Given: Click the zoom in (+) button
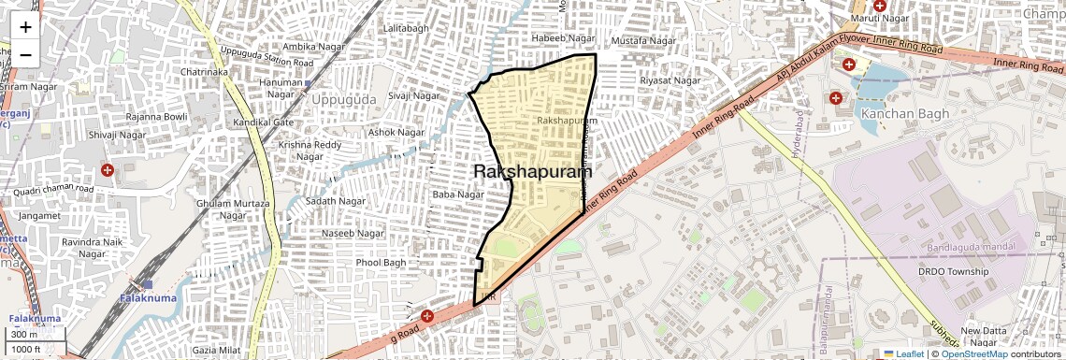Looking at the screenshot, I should click(25, 26).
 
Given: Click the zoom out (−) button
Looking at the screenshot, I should click(25, 54).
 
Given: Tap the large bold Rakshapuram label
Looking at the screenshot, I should click(533, 172).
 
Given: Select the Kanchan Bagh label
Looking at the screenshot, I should click(905, 114).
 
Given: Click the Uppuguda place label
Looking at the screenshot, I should click(343, 99).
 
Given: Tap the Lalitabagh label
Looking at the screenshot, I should click(407, 29).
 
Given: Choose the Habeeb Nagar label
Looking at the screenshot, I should click(563, 38).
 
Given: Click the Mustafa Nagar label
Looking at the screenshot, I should click(642, 42).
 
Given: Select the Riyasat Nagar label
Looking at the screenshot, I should click(670, 81).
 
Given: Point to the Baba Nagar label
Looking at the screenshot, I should click(458, 194).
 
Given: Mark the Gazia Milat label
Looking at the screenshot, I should click(216, 349).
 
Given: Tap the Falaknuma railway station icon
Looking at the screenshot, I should click(141, 284).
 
